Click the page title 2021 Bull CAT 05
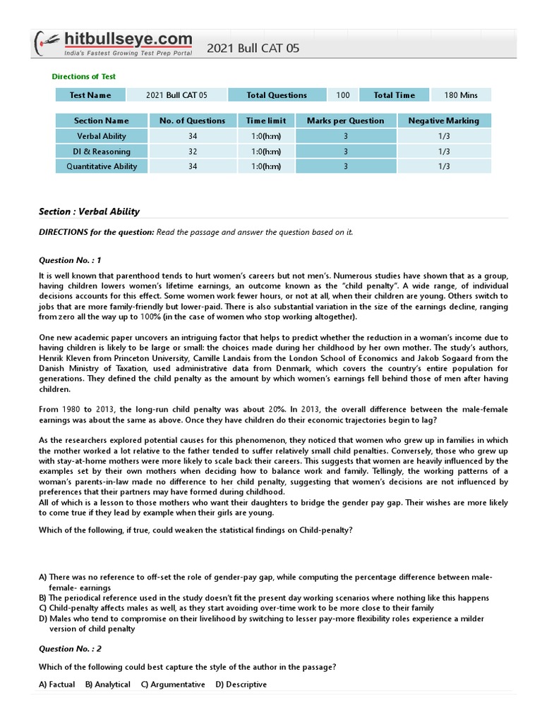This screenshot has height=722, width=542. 253,48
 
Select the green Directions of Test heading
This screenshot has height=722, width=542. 84,76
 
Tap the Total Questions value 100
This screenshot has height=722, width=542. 342,95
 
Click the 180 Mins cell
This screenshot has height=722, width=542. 461,95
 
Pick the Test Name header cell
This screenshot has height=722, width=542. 90,95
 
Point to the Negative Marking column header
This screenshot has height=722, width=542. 443,121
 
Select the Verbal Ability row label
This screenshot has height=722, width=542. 102,136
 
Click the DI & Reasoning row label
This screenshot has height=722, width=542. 102,152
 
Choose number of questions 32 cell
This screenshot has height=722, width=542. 193,152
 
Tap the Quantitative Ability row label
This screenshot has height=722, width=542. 102,167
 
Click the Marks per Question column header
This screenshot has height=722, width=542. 345,121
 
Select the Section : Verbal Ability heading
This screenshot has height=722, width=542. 89,212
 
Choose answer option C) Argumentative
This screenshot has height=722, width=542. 173,685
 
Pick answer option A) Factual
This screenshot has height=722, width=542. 56,685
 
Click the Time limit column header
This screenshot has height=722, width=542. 266,121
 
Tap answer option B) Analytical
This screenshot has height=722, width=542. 107,685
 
